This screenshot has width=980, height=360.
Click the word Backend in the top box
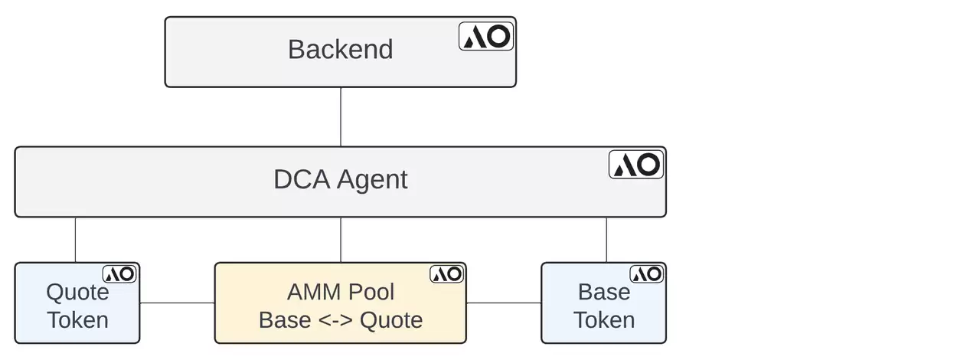(x=340, y=50)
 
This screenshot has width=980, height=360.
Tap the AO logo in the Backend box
(x=486, y=36)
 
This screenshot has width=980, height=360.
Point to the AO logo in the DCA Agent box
(x=636, y=165)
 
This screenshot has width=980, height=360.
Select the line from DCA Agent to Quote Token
(x=75, y=240)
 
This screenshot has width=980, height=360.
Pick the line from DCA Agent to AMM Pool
(x=341, y=240)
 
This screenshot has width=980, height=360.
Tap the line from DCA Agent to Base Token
(x=606, y=240)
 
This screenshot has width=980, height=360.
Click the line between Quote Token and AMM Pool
(x=177, y=303)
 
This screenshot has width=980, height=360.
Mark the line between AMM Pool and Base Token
(x=504, y=303)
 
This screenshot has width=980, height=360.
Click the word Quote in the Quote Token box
(x=77, y=292)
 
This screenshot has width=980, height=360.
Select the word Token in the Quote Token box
(x=77, y=319)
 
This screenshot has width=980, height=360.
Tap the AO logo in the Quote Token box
(x=119, y=273)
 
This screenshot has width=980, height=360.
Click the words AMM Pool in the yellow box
(x=341, y=292)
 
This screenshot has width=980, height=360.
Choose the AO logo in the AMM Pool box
(x=446, y=273)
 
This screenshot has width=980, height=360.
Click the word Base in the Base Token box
(x=604, y=292)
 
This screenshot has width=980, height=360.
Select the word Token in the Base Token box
(x=604, y=319)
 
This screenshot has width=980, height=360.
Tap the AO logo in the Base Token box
(x=647, y=273)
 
